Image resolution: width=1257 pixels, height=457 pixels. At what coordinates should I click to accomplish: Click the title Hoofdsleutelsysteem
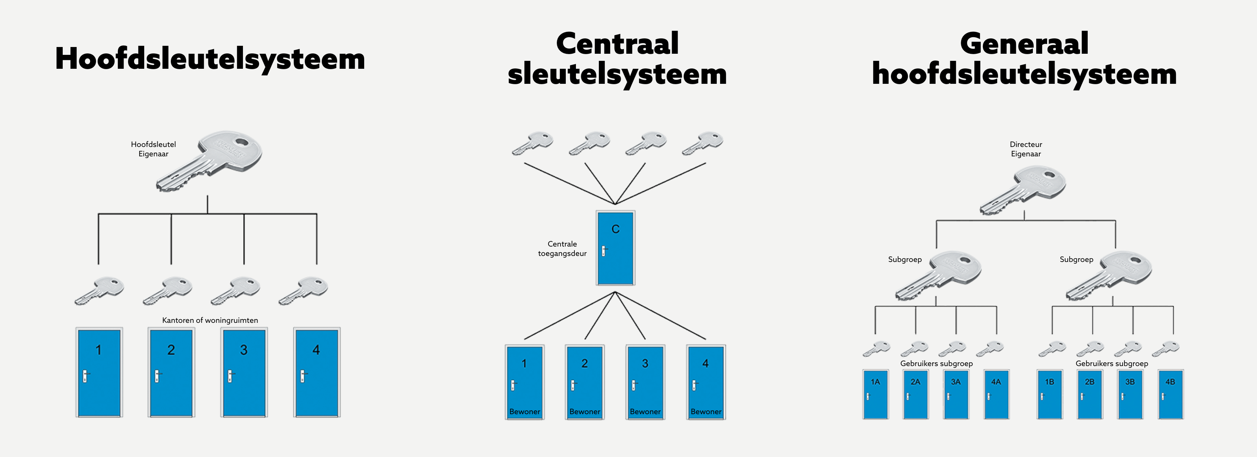tap(210, 59)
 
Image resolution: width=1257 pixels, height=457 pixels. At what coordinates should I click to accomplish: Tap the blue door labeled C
tap(615, 248)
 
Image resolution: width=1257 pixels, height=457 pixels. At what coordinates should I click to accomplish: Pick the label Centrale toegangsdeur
tap(562, 248)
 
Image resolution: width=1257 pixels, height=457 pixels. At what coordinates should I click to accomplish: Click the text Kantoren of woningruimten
tap(210, 320)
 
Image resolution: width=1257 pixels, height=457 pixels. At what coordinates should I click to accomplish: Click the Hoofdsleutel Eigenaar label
tap(153, 149)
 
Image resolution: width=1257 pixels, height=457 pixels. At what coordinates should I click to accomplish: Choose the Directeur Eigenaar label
tap(1026, 149)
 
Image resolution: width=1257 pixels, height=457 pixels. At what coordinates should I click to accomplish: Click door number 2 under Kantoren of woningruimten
tap(171, 372)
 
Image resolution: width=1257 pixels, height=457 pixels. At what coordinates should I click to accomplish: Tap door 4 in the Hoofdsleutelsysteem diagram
tap(317, 372)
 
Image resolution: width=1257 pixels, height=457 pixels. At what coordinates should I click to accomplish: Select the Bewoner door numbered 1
tap(525, 382)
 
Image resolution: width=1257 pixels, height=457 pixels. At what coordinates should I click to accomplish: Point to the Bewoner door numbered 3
tap(645, 382)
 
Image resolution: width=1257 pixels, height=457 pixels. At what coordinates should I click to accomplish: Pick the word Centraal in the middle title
tap(617, 44)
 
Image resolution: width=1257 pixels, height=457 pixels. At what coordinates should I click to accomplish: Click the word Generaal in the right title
tap(1024, 44)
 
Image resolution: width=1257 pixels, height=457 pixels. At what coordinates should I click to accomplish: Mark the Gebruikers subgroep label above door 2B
tap(1112, 363)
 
